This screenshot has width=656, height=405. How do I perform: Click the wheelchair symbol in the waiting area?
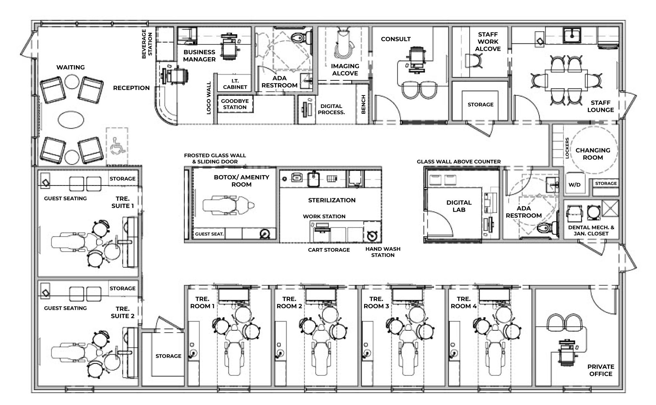pos(117,146)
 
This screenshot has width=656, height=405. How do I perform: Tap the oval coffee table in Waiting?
pos(71,120)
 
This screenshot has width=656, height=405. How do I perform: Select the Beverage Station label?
pos(147,44)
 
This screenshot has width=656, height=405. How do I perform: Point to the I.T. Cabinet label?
pos(235,84)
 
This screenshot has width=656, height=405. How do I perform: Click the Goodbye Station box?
pos(235,104)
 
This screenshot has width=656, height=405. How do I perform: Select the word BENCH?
pos(364,104)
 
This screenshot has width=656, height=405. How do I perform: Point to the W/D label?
pos(574,185)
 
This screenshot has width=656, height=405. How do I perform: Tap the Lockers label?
pos(567,148)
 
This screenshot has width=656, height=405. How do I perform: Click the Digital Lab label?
pos(459,206)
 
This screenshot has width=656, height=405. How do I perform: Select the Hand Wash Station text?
pos(382,252)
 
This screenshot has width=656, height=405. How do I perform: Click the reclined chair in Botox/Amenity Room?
pos(228,205)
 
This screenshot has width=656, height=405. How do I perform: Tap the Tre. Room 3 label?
pos(376,302)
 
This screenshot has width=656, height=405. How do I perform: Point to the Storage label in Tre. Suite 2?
pos(122,288)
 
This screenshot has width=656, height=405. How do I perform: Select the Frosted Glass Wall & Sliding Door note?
pos(215,158)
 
